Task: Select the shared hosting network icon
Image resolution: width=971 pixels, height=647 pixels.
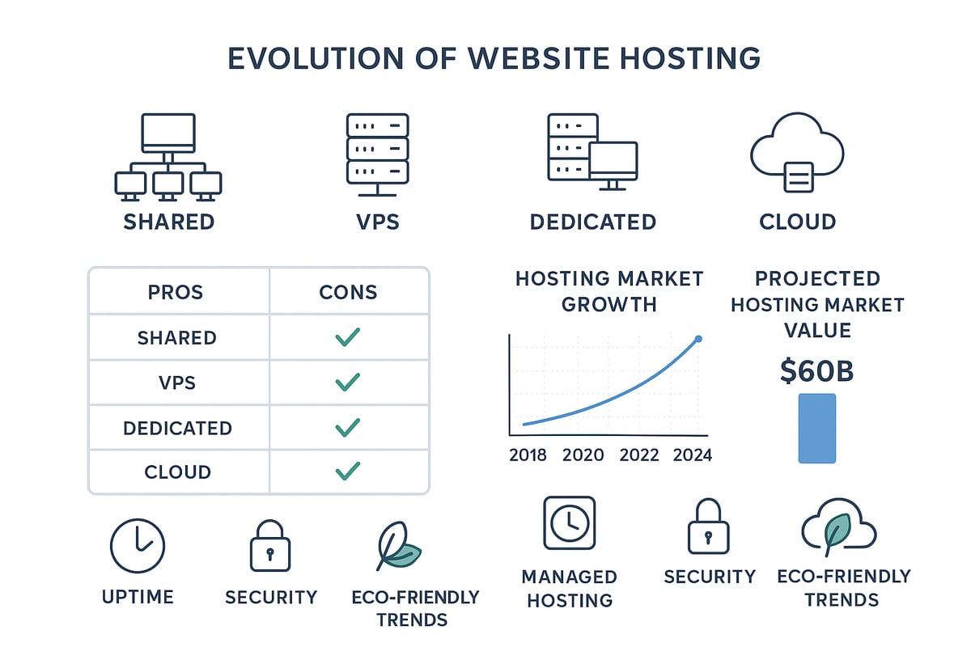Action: [x=168, y=157]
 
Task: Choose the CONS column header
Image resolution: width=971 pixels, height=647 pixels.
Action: [x=348, y=292]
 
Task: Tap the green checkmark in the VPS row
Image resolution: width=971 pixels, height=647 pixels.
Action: [x=347, y=382]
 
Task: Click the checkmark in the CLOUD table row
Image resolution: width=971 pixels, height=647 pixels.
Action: [x=347, y=471]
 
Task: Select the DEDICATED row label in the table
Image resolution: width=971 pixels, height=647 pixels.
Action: [x=177, y=428]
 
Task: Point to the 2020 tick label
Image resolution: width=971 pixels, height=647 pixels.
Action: [x=583, y=455]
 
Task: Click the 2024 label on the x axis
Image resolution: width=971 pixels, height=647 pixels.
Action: [x=692, y=455]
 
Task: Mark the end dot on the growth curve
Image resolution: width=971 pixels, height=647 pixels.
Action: [x=698, y=339]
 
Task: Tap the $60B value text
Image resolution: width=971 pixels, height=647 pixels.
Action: [x=816, y=370]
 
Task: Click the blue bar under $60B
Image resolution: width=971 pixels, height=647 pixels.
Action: [x=816, y=429]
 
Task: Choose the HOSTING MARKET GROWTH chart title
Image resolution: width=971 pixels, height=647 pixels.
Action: [x=609, y=291]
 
